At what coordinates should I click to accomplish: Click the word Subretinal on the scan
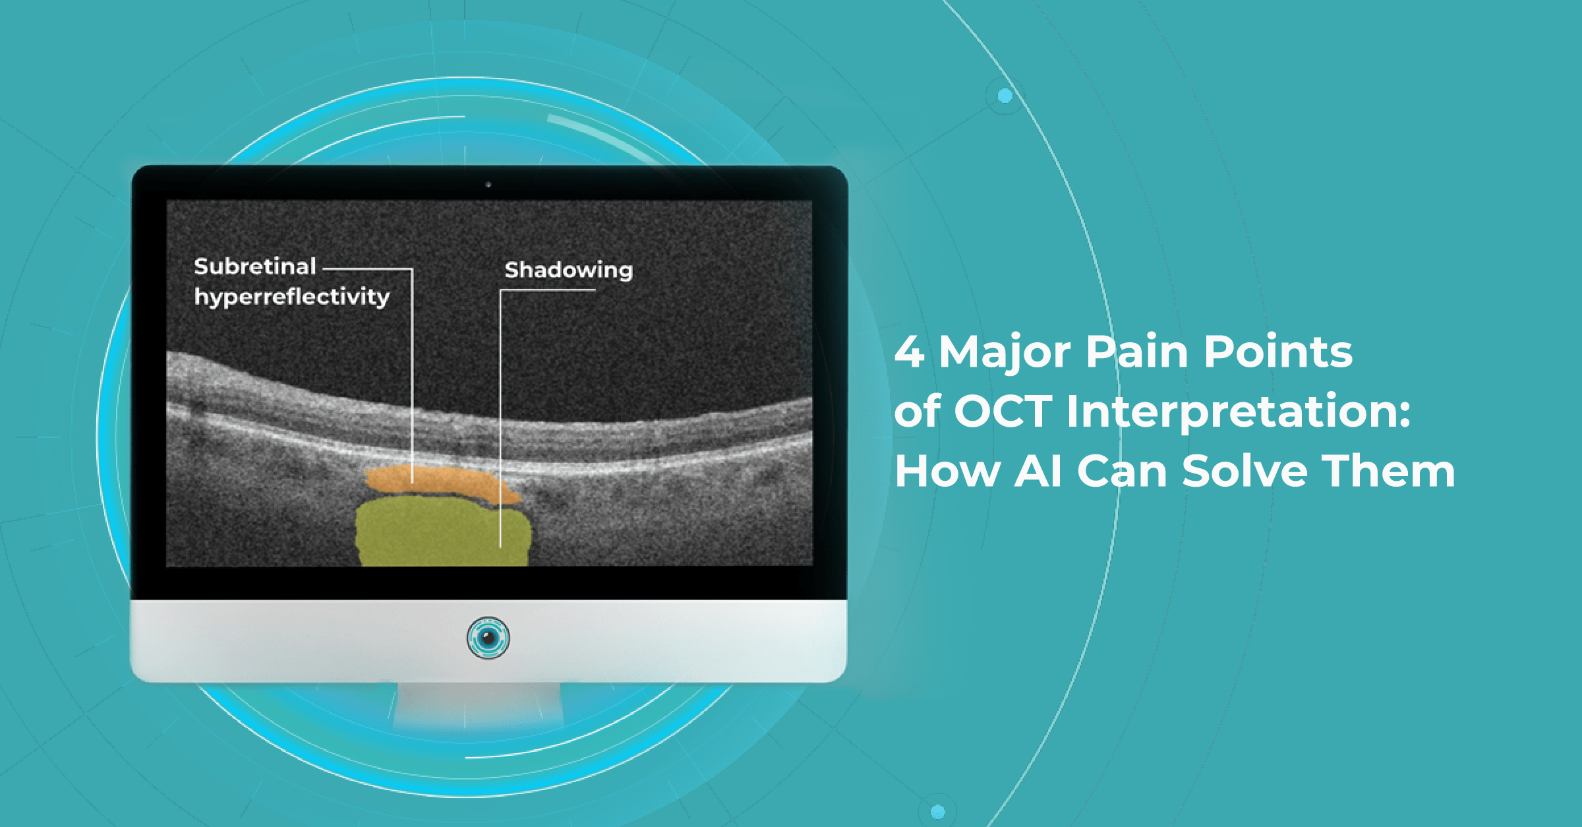[255, 266]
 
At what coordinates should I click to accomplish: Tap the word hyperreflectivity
[292, 297]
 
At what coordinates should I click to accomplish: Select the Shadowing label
[569, 270]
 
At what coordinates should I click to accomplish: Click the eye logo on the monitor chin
[488, 638]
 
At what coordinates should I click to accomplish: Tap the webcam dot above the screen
[488, 185]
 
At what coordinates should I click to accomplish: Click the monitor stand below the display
[479, 704]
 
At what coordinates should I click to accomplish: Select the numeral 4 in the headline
[910, 352]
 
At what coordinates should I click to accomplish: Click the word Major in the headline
[1005, 353]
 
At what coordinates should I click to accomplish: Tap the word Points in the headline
[1278, 352]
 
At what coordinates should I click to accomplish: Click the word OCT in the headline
[1003, 412]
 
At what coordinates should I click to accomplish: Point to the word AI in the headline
[1038, 472]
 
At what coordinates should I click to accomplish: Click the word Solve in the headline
[1245, 471]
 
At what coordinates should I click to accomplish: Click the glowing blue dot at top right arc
[1005, 96]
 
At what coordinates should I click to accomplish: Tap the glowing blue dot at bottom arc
[937, 811]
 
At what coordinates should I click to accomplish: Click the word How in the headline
[947, 472]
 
